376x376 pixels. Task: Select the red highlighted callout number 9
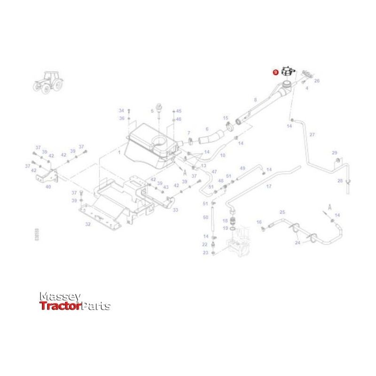point(275,72)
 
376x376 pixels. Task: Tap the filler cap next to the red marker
point(288,71)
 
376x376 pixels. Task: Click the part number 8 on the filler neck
point(255,100)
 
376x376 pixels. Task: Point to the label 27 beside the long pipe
point(312,135)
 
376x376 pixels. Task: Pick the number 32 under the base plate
point(87,225)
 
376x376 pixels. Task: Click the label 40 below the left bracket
point(48,187)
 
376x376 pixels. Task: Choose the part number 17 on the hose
point(269,187)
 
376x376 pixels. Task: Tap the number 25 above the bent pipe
point(282,212)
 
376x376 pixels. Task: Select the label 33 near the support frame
point(175,210)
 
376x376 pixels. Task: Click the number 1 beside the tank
point(119,153)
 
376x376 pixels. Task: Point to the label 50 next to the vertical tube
point(205,217)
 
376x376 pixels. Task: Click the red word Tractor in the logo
point(60,306)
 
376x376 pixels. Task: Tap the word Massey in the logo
point(60,297)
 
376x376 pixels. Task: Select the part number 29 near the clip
point(335,153)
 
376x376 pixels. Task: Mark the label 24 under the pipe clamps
point(298,243)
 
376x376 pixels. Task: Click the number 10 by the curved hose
point(223,155)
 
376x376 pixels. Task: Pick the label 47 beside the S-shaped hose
point(214,172)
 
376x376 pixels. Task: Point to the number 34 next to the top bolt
point(121,111)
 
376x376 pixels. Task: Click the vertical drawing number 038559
point(38,235)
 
